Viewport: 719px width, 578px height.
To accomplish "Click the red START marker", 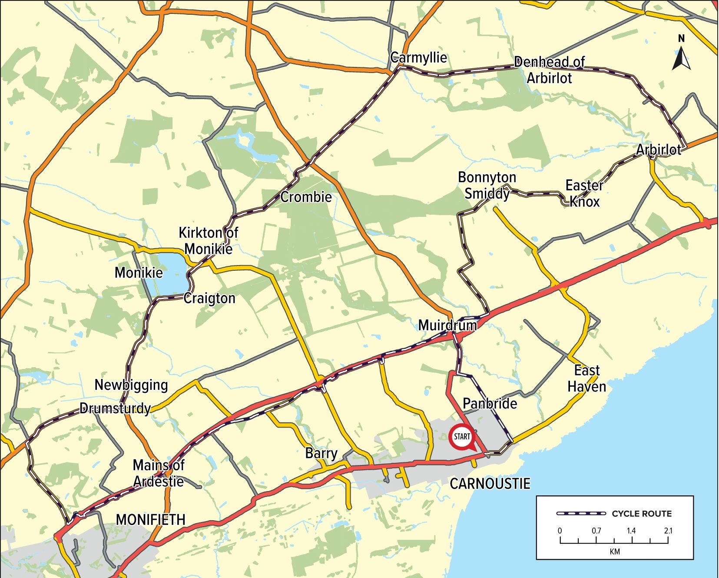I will coord(461,436).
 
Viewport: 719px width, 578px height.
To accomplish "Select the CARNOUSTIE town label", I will coord(490,484).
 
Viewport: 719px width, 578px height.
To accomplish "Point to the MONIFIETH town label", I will coord(150,519).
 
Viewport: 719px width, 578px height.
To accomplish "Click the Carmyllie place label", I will coord(418,57).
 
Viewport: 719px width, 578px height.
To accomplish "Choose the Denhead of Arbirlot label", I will coord(550,70).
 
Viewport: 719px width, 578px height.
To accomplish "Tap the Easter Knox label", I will coord(584,193).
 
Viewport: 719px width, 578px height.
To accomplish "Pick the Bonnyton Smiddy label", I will coord(487,185).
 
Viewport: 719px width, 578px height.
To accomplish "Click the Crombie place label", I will coord(306,197).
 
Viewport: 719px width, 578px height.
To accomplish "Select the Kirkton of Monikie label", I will coord(208,241).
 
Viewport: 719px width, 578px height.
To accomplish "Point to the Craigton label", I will coord(209,298).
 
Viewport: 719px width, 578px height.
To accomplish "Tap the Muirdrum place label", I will coord(447,325).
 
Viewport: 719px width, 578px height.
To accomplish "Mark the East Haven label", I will coord(586,379).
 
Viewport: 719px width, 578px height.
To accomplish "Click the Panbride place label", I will coord(490,403).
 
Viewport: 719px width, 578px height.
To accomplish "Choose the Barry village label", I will coord(321,453).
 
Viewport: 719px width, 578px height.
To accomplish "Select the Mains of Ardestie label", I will coord(159,473).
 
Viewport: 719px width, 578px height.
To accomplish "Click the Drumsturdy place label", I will coord(115,409).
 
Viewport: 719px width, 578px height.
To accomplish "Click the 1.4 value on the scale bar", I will coord(631,531).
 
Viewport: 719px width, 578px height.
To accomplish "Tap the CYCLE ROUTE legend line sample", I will coord(581,514).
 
